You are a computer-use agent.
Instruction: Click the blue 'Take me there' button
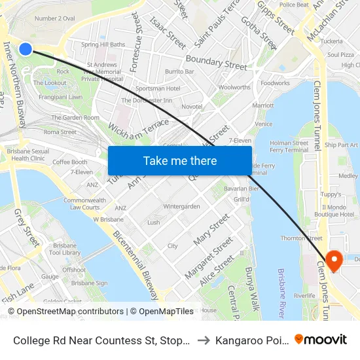click(179, 160)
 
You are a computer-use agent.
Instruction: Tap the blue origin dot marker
click(26, 48)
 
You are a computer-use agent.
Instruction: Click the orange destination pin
click(334, 261)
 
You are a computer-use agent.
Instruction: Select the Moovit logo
click(321, 339)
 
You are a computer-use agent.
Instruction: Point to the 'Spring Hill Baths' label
click(103, 45)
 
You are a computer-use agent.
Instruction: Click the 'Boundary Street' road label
click(217, 63)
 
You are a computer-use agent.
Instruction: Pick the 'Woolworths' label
click(234, 87)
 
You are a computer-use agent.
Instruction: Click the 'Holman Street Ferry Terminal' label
click(289, 146)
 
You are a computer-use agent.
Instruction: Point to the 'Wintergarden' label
click(181, 206)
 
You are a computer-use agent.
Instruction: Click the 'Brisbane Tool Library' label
click(65, 249)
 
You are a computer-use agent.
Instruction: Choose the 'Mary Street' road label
click(211, 230)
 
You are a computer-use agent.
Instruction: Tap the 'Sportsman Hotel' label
click(156, 88)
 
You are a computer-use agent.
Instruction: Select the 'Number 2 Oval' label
click(54, 18)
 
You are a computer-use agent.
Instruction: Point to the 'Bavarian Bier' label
click(242, 189)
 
